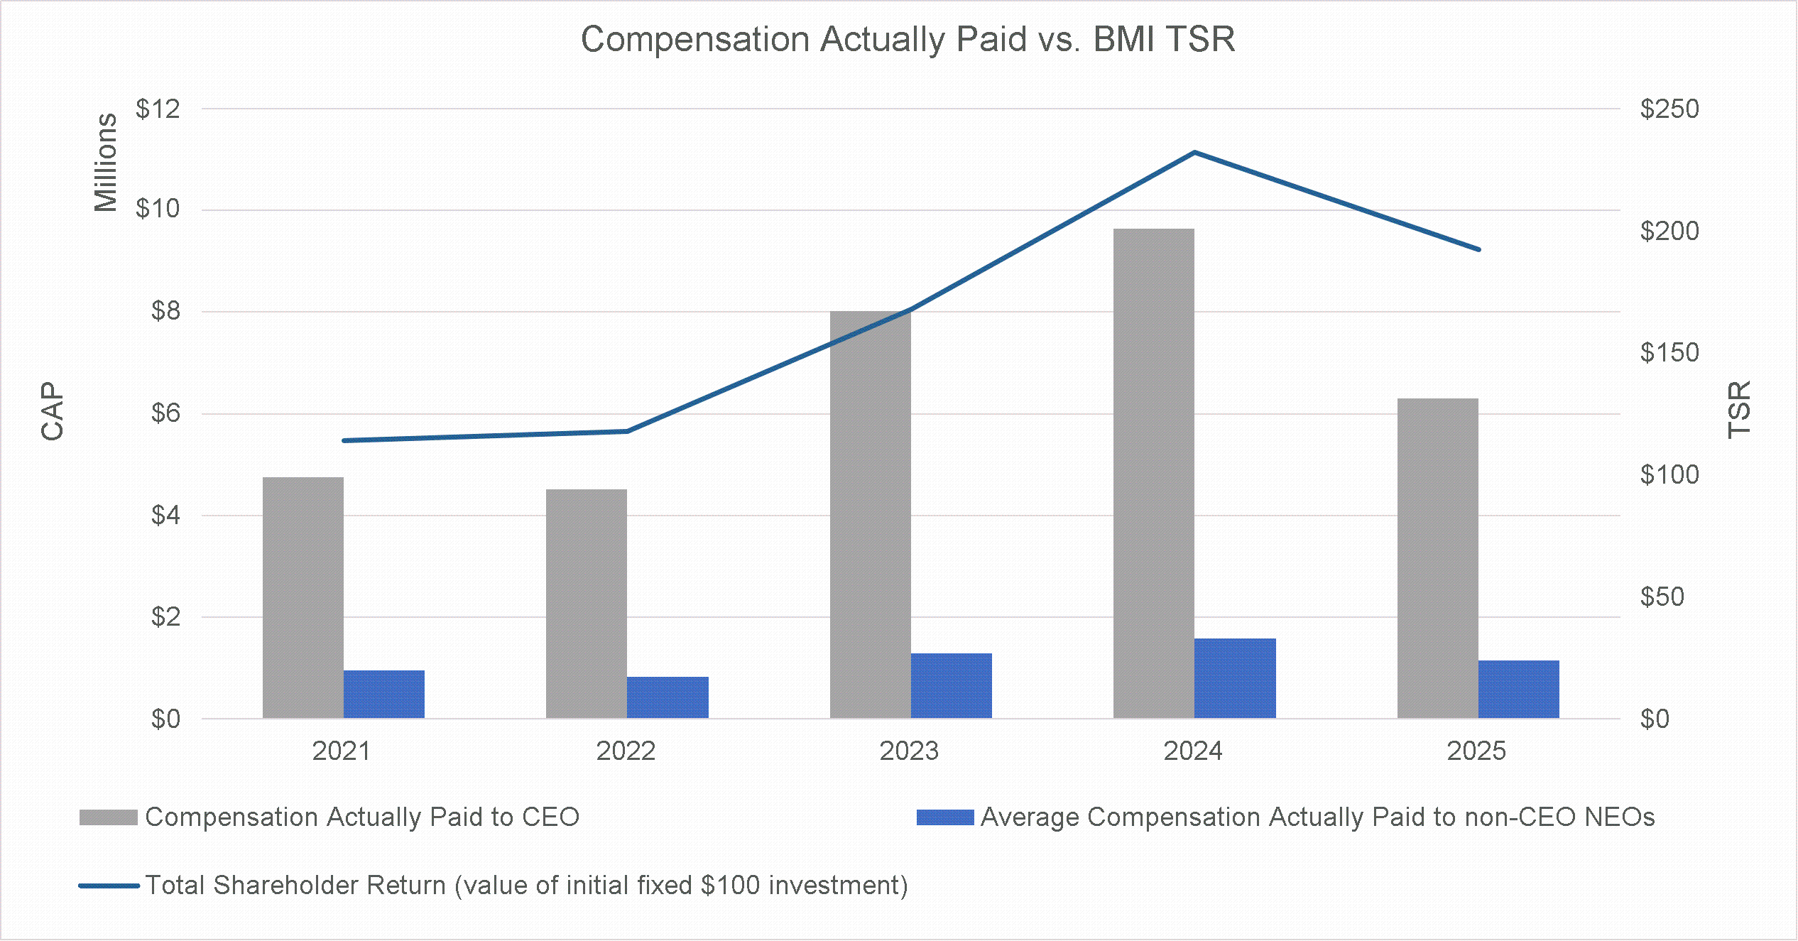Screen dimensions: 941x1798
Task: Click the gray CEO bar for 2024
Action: click(1153, 473)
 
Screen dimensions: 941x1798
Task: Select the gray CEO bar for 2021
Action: click(303, 597)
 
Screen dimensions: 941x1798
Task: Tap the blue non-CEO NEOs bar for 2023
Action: click(951, 685)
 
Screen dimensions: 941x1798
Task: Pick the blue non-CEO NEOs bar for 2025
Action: click(1518, 689)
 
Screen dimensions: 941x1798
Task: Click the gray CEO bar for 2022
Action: click(586, 604)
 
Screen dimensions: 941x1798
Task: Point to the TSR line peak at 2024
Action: click(1194, 152)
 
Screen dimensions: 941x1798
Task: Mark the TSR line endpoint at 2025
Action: click(1478, 249)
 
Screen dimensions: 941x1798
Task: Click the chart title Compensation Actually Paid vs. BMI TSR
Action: click(908, 39)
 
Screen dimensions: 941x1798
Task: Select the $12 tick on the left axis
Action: click(158, 109)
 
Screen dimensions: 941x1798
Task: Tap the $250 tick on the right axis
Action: click(1669, 109)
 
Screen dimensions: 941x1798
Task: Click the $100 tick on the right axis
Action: click(1669, 474)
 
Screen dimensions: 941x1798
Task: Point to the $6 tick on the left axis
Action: click(165, 413)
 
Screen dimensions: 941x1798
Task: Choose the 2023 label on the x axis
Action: click(909, 751)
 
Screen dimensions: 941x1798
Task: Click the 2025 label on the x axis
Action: click(1476, 751)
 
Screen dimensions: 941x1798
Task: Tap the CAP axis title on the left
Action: click(53, 411)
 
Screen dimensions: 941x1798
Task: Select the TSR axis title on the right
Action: click(1739, 410)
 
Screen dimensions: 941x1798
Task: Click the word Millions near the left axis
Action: click(106, 163)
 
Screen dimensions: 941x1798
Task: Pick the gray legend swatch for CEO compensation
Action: click(108, 817)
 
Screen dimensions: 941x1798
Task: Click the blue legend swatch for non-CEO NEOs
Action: click(944, 817)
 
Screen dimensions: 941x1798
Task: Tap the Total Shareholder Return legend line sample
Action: click(108, 886)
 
